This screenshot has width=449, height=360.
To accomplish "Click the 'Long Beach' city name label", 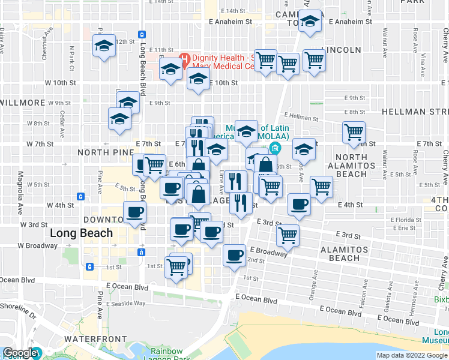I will click(82, 233).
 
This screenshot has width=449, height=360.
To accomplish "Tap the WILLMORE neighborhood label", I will click(20, 103).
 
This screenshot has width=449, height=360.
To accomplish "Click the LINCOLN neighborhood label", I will click(341, 49).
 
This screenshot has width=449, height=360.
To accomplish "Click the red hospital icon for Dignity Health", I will click(184, 59).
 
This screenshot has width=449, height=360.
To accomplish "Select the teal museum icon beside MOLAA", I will click(275, 148).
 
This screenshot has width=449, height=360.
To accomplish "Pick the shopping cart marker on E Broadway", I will click(288, 235).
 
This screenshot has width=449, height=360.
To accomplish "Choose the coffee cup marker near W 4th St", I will click(134, 212).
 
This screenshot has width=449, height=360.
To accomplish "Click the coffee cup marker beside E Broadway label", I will click(234, 256).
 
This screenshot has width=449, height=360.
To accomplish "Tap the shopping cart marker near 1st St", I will click(176, 266).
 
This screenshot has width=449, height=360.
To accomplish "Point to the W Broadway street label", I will click(37, 245).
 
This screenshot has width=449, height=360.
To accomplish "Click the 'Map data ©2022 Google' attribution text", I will click(412, 355).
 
